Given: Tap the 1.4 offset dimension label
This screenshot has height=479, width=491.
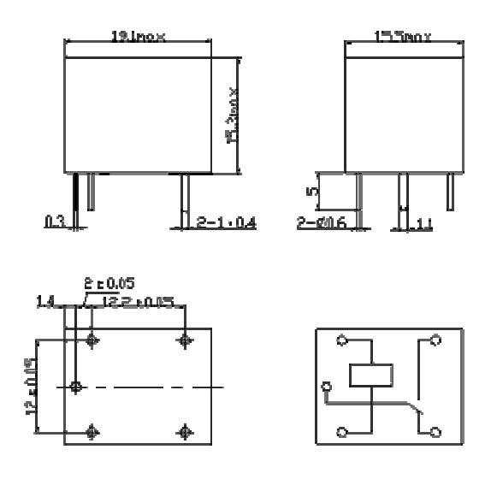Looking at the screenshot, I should (46, 301).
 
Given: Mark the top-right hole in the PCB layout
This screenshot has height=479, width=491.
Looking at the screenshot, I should (183, 340).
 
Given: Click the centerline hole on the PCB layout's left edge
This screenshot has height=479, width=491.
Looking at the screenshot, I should (76, 387).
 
